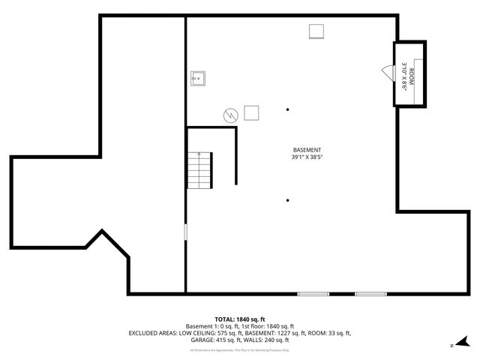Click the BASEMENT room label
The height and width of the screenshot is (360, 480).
tap(307, 149)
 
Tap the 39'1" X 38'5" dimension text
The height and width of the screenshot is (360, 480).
tap(307, 157)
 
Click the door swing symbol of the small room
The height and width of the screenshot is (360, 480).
tap(387, 71)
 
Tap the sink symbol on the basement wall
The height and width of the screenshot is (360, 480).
tap(198, 77)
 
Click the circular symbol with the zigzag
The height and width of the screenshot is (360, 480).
tap(230, 115)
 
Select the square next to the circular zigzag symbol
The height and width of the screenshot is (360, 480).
tap(252, 112)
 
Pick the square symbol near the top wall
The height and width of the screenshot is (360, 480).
tap(316, 30)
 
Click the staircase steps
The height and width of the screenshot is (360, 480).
tap(199, 170)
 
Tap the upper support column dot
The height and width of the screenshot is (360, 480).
tap(288, 109)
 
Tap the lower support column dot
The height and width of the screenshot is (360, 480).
tap(288, 199)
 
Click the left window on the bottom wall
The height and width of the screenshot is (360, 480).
tap(313, 293)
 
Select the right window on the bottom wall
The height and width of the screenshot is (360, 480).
tap(370, 293)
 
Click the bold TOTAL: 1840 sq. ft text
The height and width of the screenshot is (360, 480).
tap(240, 319)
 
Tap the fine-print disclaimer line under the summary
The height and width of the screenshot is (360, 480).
tap(240, 349)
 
